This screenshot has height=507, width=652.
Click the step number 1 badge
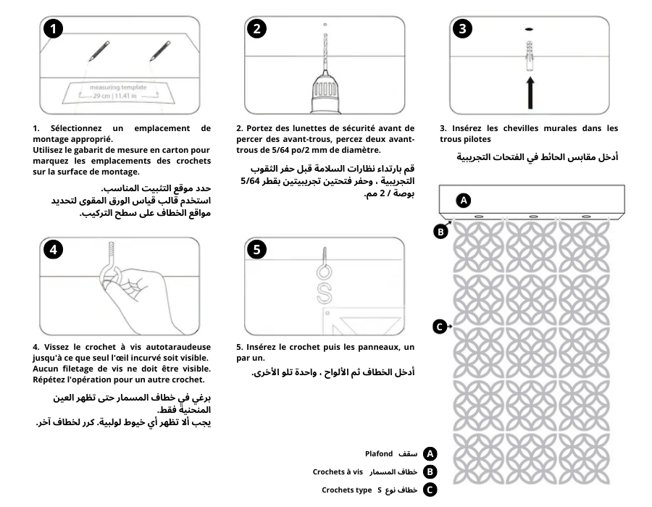click(52, 29)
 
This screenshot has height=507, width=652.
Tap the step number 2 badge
click(256, 29)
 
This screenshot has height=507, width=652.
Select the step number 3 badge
click(463, 29)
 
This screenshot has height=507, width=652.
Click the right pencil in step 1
click(159, 51)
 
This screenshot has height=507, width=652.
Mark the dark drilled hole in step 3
click(530, 30)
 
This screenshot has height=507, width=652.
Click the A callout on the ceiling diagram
click(464, 199)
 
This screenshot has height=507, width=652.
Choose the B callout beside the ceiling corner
click(439, 232)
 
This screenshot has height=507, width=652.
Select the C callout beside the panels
click(439, 327)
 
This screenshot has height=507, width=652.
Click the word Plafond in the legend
click(378, 454)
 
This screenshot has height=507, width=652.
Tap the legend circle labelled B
click(430, 472)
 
